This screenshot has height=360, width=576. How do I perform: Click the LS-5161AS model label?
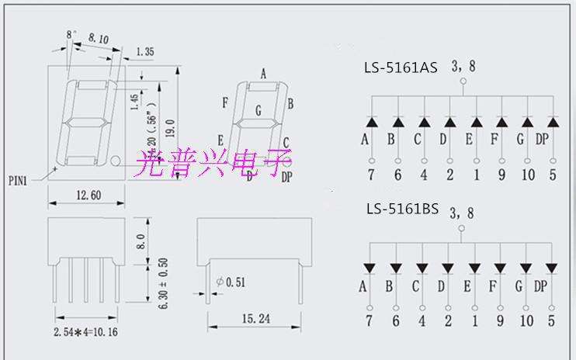coord(400,68)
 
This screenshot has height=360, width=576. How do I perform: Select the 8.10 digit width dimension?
coord(99,37)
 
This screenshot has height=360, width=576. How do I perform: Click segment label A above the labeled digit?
coord(263,74)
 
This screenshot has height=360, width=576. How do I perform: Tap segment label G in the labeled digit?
coord(258,112)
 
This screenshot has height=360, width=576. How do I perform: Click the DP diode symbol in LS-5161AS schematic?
coord(553,123)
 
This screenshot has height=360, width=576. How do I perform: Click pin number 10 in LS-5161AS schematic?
coord(528,175)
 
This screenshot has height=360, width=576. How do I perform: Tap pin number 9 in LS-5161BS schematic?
coord(501,319)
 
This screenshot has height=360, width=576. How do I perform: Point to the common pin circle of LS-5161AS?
coord(463,81)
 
